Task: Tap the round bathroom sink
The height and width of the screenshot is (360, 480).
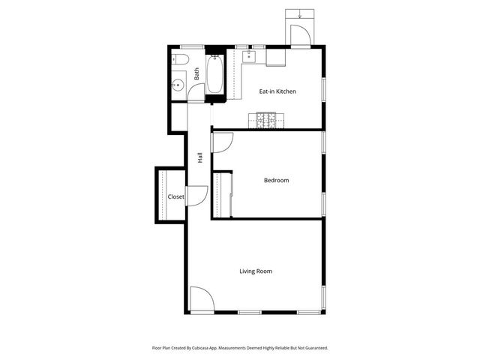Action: (179, 85)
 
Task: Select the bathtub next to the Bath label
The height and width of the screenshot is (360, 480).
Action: (214, 74)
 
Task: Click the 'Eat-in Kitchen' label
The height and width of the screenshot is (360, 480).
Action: (277, 91)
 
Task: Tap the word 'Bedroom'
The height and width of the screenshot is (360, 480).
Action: (276, 180)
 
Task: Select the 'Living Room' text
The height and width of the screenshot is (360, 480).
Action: (255, 271)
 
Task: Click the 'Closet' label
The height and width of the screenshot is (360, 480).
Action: (175, 196)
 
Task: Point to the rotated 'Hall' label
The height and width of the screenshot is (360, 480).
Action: (200, 157)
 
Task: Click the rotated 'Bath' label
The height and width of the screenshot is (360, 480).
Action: (196, 74)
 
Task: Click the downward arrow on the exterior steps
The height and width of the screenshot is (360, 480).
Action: (299, 13)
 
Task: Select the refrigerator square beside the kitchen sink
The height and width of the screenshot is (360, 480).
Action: (274, 56)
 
